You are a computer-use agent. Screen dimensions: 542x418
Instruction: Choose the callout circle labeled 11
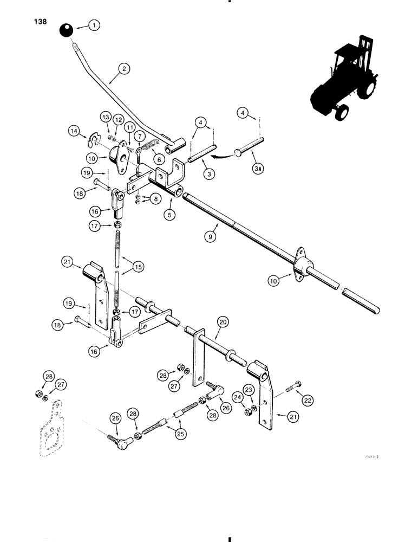point(130,126)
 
